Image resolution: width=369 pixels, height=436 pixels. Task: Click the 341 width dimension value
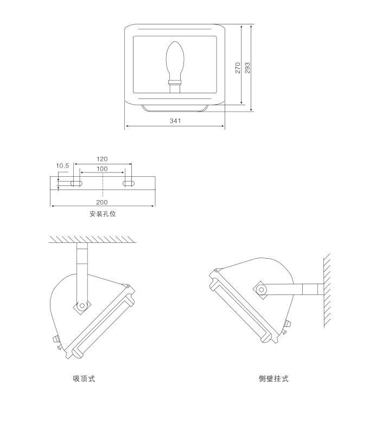pyautogui.click(x=175, y=121)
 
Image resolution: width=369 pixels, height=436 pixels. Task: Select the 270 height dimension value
pyautogui.click(x=238, y=67)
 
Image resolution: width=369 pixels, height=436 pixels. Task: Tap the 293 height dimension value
pyautogui.click(x=247, y=67)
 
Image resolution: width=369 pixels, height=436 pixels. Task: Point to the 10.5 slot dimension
pyautogui.click(x=62, y=166)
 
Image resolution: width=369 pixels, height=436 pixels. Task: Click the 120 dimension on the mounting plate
pyautogui.click(x=102, y=159)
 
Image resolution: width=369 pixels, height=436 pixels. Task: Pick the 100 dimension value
pyautogui.click(x=102, y=169)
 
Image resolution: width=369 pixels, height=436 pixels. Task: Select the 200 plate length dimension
pyautogui.click(x=102, y=202)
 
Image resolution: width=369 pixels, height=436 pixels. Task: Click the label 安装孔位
pyautogui.click(x=103, y=214)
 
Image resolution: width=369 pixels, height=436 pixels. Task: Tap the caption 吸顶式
pyautogui.click(x=84, y=379)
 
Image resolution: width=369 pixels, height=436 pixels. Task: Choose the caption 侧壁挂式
pyautogui.click(x=273, y=379)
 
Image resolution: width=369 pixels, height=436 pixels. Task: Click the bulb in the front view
pyautogui.click(x=175, y=60)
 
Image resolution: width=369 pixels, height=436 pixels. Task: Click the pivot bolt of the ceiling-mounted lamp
pyautogui.click(x=81, y=306)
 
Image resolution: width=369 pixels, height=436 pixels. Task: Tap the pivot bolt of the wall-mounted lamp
pyautogui.click(x=262, y=290)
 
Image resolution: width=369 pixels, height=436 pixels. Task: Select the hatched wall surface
pyautogui.click(x=328, y=290)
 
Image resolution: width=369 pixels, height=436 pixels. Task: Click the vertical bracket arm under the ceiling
pyautogui.click(x=82, y=271)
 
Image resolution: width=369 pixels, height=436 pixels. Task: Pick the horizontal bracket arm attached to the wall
pyautogui.click(x=296, y=289)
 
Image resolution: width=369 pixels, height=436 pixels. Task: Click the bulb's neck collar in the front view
pyautogui.click(x=175, y=82)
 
